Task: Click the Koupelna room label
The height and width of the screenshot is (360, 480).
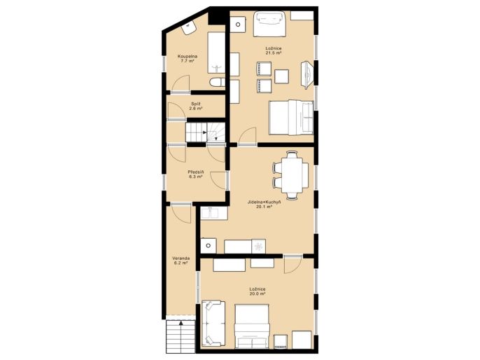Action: pyautogui.click(x=188, y=56)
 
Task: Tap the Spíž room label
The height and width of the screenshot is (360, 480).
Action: pyautogui.click(x=196, y=104)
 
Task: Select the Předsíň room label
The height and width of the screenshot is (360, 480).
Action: pyautogui.click(x=196, y=172)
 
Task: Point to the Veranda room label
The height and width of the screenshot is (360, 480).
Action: pyautogui.click(x=181, y=258)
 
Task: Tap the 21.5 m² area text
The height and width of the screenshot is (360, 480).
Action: pyautogui.click(x=274, y=53)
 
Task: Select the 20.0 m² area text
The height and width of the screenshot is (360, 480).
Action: pyautogui.click(x=257, y=293)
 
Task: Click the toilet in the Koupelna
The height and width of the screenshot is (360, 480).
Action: pyautogui.click(x=218, y=82)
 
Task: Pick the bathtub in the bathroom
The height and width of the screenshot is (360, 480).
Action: pyautogui.click(x=216, y=53)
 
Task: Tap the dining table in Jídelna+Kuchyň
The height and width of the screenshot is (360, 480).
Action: pyautogui.click(x=292, y=175)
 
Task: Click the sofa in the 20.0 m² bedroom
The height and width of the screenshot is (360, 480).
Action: pyautogui.click(x=213, y=324)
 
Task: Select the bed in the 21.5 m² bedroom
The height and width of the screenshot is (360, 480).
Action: pyautogui.click(x=291, y=118)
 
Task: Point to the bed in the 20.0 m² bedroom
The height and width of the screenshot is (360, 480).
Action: pyautogui.click(x=252, y=326)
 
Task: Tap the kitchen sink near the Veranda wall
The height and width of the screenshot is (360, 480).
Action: pyautogui.click(x=213, y=213)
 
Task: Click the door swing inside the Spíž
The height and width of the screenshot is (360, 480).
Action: pyautogui.click(x=176, y=110)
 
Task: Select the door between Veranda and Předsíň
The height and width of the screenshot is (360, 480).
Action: pyautogui.click(x=182, y=213)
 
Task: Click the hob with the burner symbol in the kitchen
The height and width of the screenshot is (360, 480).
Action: pyautogui.click(x=258, y=246)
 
